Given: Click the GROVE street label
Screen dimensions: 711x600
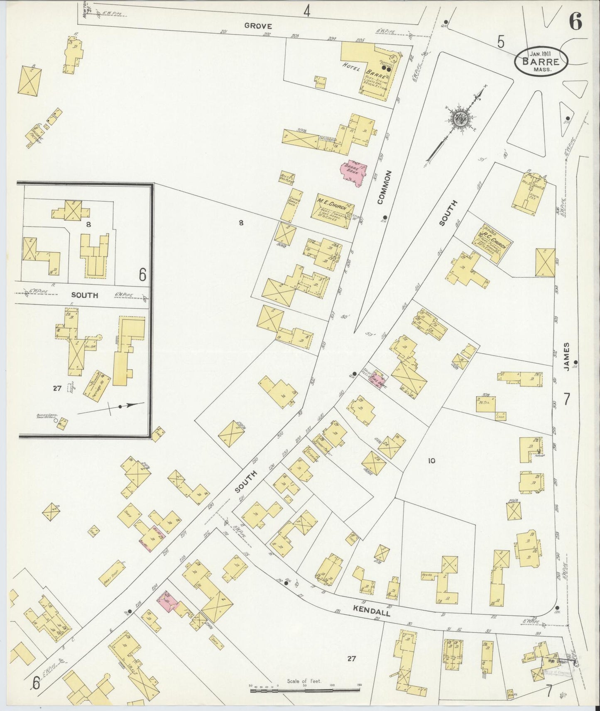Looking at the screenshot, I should coord(258,26).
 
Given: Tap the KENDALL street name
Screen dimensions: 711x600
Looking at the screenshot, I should coord(372,610).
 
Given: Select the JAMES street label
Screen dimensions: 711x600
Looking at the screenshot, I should coord(567,356).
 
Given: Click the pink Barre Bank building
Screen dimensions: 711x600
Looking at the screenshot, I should coord(353,173).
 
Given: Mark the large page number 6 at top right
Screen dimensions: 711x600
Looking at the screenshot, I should coord(575,22).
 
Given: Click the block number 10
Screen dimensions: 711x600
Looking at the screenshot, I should coord(431,460).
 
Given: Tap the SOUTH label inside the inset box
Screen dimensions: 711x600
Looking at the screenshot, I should coord(85,295).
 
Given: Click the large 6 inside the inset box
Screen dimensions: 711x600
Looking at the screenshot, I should coord(142,275).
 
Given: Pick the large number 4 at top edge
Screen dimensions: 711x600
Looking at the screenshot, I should coord(306,11).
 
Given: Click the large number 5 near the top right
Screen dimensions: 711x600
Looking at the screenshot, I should coord(501,41).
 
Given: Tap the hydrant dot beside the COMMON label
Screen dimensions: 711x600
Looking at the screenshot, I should coord(385,217).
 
